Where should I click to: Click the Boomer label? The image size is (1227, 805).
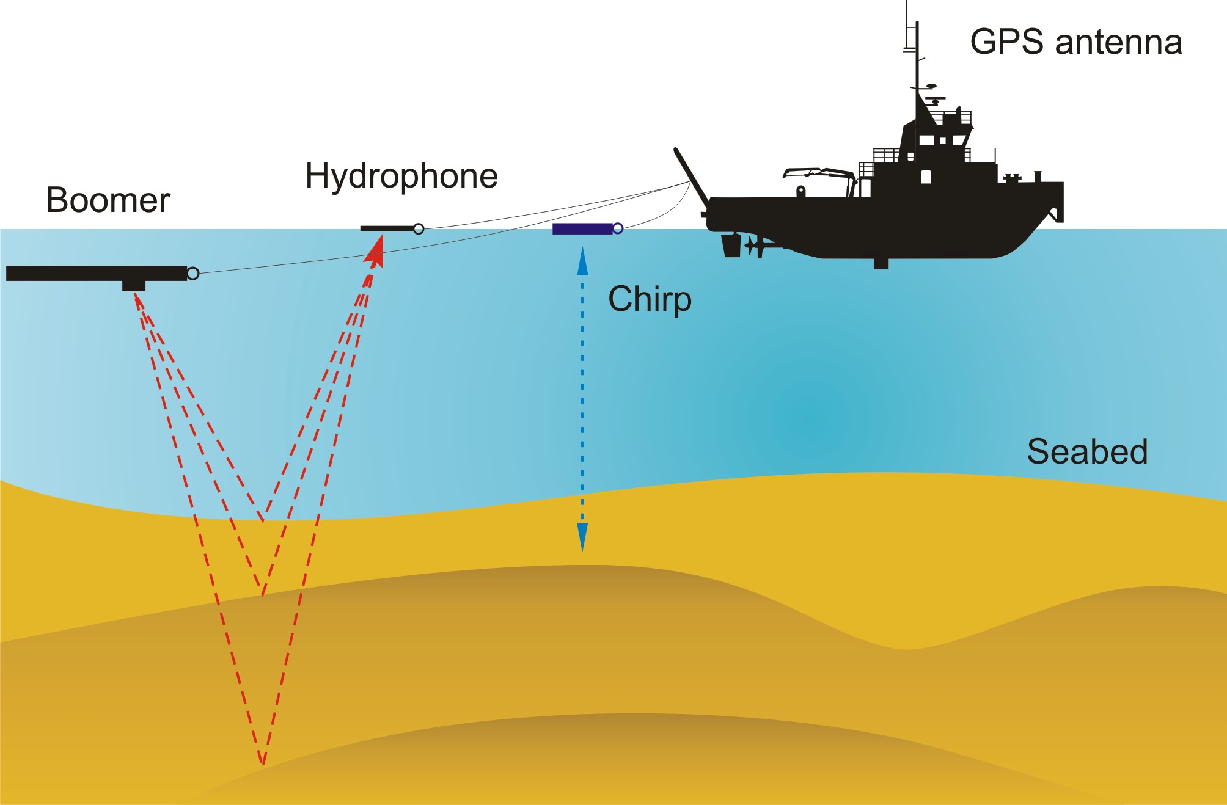(x=108, y=200)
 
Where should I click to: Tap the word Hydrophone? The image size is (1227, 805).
(x=401, y=177)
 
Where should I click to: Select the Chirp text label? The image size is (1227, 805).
(x=650, y=300)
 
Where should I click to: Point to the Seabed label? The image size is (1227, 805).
(x=1087, y=451)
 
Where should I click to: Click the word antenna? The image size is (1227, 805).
(x=1119, y=43)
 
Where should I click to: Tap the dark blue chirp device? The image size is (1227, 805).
(x=582, y=228)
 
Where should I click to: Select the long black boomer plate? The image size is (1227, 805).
(x=97, y=273)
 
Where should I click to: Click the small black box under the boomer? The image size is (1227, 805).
(x=134, y=286)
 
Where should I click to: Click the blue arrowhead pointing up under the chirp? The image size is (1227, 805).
(x=582, y=261)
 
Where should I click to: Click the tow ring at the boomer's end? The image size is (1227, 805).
(x=193, y=274)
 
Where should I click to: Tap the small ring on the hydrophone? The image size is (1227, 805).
(x=419, y=229)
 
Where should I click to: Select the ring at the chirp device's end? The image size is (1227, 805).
(x=618, y=228)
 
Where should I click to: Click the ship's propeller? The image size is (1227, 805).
(x=751, y=247)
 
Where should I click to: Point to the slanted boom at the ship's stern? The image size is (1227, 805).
(x=692, y=178)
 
